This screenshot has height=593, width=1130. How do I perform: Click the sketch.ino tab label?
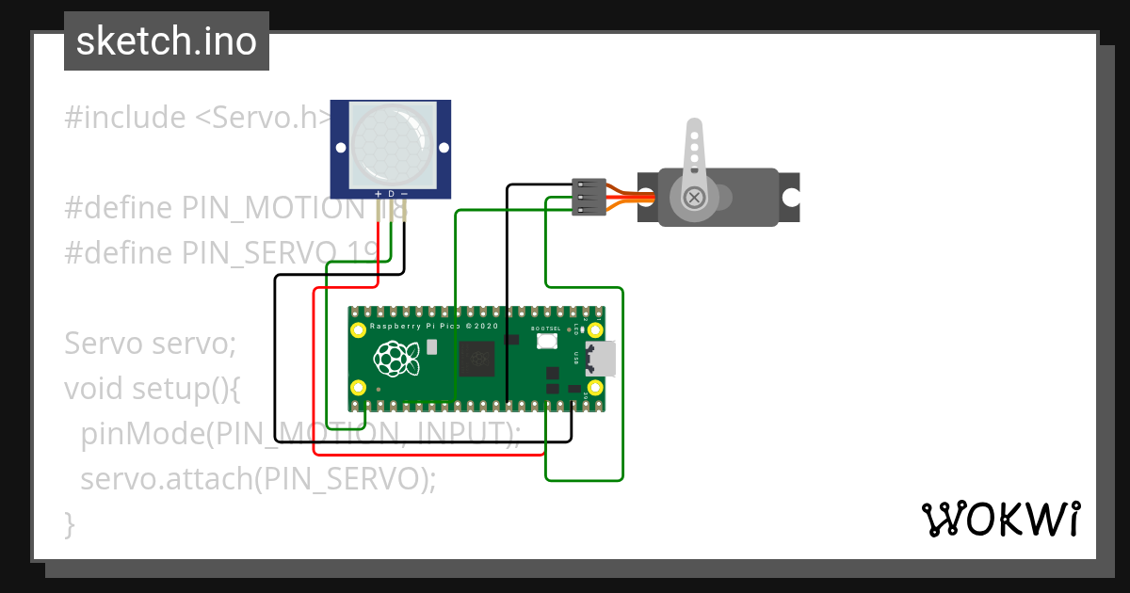tap(167, 41)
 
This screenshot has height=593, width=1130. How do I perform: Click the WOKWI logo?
tap(1000, 519)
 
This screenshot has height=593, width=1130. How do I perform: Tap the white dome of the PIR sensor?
tap(391, 144)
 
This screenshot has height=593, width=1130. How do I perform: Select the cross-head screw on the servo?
tap(695, 198)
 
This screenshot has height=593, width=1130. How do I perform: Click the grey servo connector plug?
tap(589, 198)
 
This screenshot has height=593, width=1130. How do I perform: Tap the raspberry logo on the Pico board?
tap(395, 358)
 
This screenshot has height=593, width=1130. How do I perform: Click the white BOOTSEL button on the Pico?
tap(547, 343)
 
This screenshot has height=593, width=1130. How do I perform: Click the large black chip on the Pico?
tap(481, 358)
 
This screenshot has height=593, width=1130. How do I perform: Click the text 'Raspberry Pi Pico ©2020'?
tap(432, 326)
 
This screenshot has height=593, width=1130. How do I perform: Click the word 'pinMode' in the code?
tap(141, 433)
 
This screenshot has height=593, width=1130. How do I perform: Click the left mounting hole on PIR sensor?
tap(340, 148)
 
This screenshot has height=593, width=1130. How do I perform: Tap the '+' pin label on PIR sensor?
tap(379, 193)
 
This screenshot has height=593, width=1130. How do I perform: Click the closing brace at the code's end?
tap(69, 522)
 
